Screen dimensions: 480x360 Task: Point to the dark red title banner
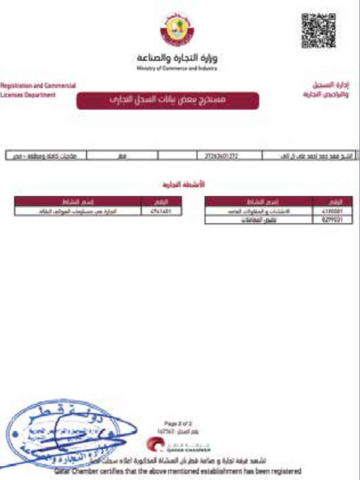(x=167, y=100)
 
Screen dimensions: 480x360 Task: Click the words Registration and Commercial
(x=38, y=86)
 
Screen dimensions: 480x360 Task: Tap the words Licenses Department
(x=28, y=95)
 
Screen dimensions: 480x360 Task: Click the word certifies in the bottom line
(x=113, y=472)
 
